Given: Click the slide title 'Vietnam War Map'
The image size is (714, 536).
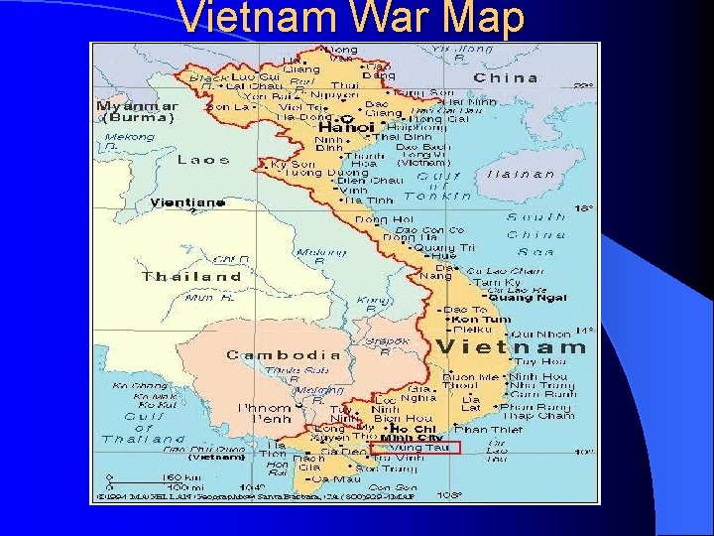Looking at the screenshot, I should tap(351, 18).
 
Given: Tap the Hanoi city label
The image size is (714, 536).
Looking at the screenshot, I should tap(346, 127).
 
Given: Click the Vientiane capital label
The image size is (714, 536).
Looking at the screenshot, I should tap(186, 202).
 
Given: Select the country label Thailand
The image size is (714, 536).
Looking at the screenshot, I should tap(191, 276).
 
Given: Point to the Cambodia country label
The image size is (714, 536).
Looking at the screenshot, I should tap(283, 354).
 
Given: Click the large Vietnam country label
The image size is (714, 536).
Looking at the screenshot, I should tap(511, 346).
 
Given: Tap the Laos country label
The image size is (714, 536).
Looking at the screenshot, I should tap(202, 159).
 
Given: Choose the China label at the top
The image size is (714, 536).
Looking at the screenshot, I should tap(506, 77).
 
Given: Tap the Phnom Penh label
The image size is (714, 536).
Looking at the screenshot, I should tap(264, 413).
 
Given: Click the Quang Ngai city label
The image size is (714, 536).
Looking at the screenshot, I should tap(528, 297).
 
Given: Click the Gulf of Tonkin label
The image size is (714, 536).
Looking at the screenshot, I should tap(437, 186).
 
